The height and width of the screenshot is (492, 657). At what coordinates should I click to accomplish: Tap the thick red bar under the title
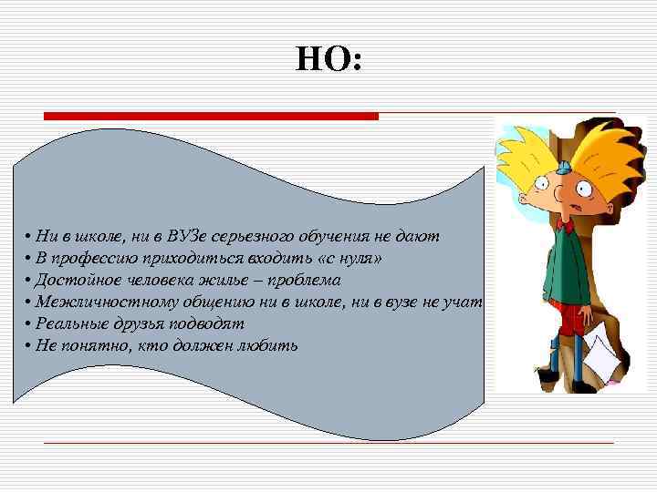pos(211,116)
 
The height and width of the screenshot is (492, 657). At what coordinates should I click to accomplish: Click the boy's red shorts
pos(571,320)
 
